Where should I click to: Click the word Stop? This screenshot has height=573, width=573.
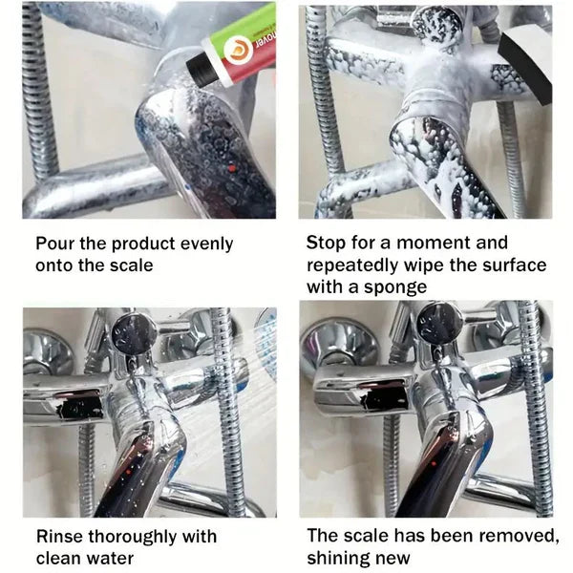click(326, 244)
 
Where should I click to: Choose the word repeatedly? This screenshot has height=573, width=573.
click(352, 265)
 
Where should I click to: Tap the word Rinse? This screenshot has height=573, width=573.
click(58, 537)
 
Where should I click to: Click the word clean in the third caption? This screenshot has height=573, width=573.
click(58, 558)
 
